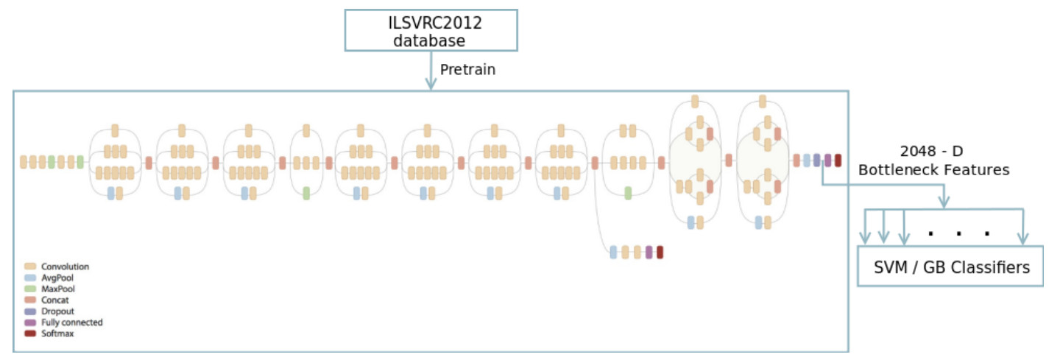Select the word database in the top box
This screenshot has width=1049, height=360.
pos(428,40)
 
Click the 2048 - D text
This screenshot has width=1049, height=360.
pos(932,151)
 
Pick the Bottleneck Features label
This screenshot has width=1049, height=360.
pos(933,170)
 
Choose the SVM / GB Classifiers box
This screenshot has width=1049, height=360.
pos(950,267)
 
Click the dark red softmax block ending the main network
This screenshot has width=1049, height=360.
pos(838,160)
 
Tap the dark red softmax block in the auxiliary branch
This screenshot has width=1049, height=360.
pos(660,253)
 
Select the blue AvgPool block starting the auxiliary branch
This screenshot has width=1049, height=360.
pos(613,253)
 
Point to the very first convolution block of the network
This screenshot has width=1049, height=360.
pos(24,162)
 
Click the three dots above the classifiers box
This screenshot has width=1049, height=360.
pos(958,233)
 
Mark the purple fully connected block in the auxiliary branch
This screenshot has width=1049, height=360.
pos(649,253)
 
